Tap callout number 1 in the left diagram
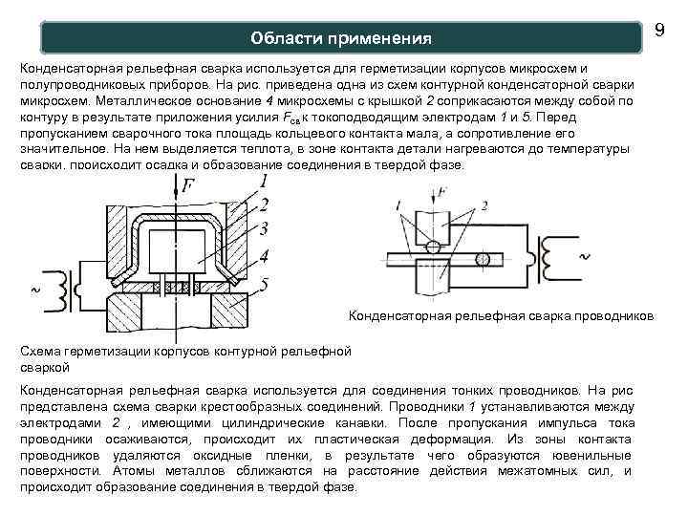click(x=263, y=181)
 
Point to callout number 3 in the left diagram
click(x=263, y=229)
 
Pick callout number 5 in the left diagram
click(x=263, y=283)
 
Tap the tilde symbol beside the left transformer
click(x=36, y=288)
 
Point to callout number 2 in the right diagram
click(x=485, y=204)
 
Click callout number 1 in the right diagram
click(x=397, y=204)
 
